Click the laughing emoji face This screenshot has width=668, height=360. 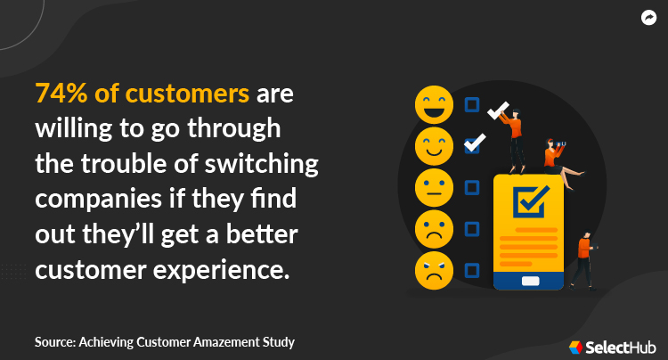click(x=434, y=104)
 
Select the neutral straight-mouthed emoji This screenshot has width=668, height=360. click(x=434, y=186)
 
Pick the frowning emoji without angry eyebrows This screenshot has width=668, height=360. click(x=434, y=227)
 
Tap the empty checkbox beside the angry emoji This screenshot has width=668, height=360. click(x=472, y=268)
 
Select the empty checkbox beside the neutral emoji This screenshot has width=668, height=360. click(x=472, y=187)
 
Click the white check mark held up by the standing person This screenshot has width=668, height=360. click(x=498, y=110)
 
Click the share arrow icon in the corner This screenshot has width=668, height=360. click(x=648, y=18)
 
